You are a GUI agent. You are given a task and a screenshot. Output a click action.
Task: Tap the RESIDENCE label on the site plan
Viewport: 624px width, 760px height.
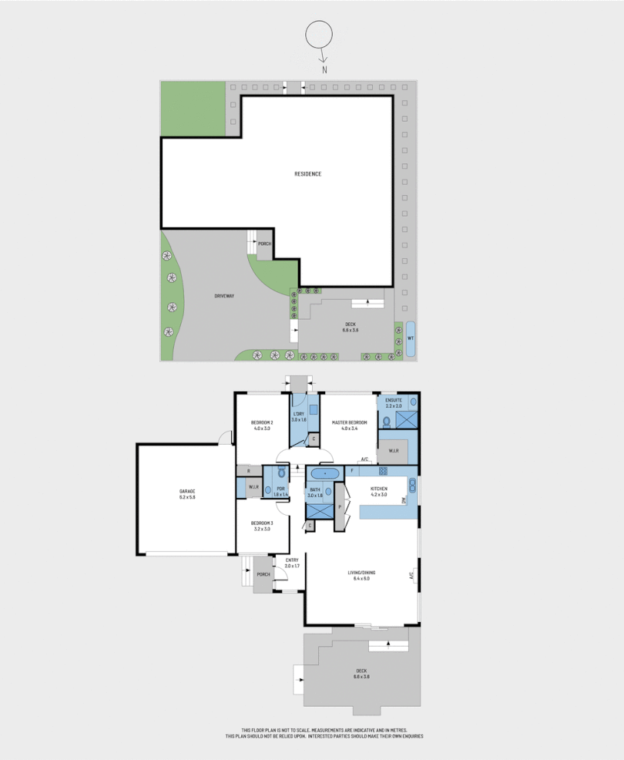[308, 173]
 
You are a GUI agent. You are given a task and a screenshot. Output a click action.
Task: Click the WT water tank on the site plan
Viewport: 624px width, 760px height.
[411, 338]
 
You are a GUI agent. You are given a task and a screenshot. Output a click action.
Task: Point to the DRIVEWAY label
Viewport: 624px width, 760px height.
[224, 296]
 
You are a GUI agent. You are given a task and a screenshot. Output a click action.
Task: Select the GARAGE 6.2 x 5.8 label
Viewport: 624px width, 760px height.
[187, 494]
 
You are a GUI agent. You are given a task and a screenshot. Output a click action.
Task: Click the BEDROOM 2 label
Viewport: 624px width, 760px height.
[262, 425]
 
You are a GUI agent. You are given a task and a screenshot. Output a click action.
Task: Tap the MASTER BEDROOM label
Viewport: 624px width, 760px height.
[347, 425]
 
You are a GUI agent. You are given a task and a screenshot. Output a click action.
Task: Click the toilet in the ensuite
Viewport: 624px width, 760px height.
[387, 421]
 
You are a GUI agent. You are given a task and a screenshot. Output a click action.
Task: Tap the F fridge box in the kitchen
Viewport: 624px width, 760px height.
[352, 469]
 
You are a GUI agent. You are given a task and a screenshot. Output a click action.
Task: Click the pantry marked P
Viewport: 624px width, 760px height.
[340, 507]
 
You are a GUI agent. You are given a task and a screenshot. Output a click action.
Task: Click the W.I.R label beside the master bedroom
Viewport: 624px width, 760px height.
[393, 451]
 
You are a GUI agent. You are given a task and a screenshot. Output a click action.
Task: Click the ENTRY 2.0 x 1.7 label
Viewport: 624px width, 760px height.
[292, 563]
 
